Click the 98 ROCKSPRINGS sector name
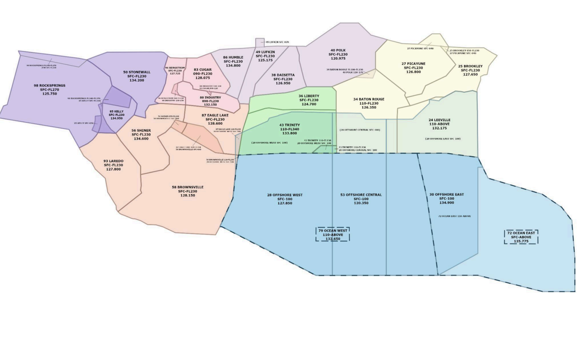(x=50, y=86)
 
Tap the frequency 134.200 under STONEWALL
(x=137, y=81)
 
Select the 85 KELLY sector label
(x=117, y=111)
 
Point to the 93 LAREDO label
(x=113, y=161)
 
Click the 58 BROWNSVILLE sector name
(x=188, y=187)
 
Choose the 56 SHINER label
(x=141, y=131)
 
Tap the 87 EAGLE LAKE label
(x=215, y=115)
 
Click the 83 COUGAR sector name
(x=203, y=70)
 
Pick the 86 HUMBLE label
(x=233, y=57)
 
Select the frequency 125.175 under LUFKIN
(x=265, y=60)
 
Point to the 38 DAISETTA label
(x=283, y=75)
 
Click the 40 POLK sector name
(x=338, y=50)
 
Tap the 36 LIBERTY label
(x=309, y=96)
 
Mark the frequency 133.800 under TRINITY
(x=289, y=133)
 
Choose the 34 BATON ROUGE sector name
(x=369, y=99)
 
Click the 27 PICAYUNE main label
(x=413, y=64)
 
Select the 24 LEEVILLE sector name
(x=439, y=120)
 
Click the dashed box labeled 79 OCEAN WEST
(x=332, y=234)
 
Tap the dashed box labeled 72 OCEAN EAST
(x=521, y=237)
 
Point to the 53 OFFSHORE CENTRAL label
(x=361, y=195)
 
